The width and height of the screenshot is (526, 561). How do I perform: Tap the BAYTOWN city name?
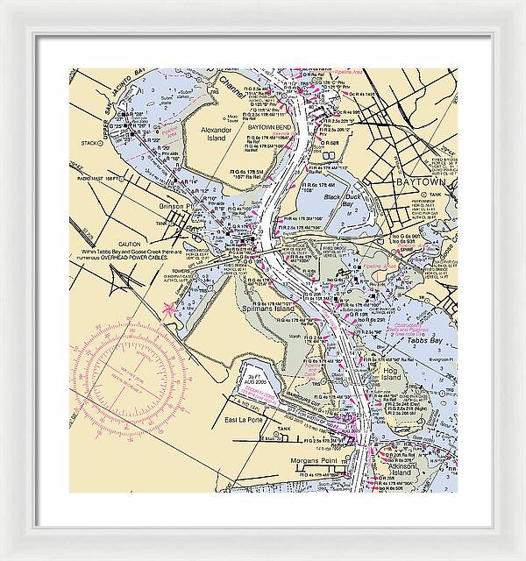coord(422,182)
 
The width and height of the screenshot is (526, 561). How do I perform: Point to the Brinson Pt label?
coord(175,207)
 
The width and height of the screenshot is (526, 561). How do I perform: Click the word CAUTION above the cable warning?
coord(131,245)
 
